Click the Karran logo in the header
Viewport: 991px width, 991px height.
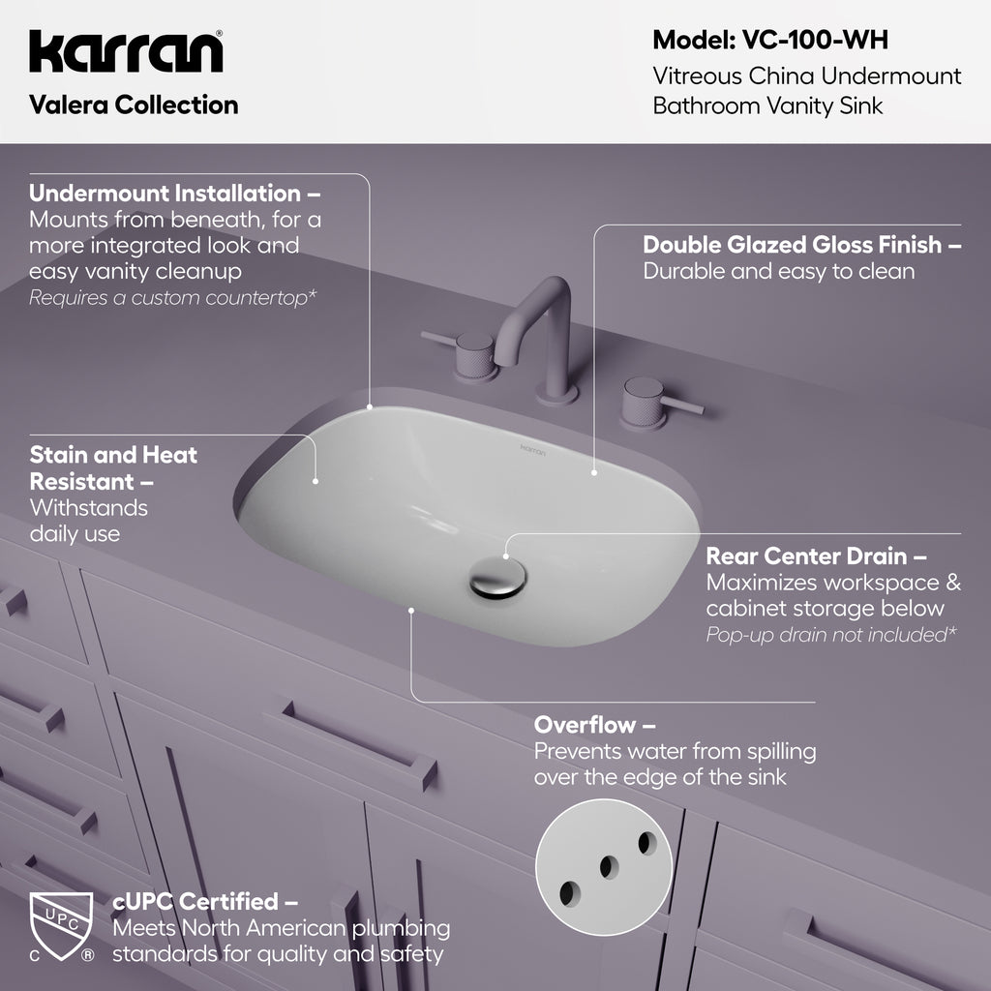(x=126, y=51)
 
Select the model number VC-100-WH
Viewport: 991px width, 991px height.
(x=815, y=40)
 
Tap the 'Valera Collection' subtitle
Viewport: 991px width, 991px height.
(x=134, y=105)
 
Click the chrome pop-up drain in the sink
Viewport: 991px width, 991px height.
(x=497, y=578)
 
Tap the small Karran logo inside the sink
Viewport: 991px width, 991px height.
(x=533, y=449)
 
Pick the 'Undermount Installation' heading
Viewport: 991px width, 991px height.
(x=174, y=193)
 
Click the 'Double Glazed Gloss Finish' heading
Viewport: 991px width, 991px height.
(x=801, y=245)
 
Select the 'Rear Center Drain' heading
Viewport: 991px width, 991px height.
(x=816, y=556)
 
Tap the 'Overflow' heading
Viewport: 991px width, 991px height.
(x=594, y=725)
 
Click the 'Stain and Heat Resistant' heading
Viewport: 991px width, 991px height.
(x=113, y=467)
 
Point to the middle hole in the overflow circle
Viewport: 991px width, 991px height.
(x=609, y=867)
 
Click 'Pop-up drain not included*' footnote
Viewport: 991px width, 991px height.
(x=831, y=635)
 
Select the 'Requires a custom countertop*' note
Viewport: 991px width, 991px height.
(x=172, y=298)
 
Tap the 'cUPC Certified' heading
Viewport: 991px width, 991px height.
(x=204, y=901)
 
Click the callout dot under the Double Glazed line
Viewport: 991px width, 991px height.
(x=594, y=472)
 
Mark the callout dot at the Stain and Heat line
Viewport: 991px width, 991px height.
(x=315, y=481)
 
